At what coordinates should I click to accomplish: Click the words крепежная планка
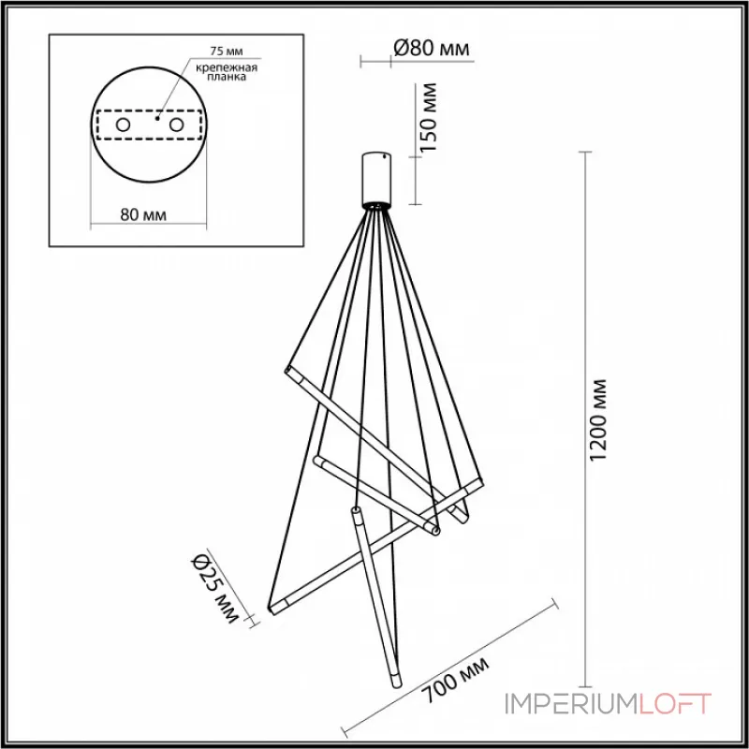(x=225, y=74)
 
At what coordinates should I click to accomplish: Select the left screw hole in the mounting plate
(x=123, y=124)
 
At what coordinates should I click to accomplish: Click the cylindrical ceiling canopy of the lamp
(x=379, y=177)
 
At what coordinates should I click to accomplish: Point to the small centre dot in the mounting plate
(x=157, y=119)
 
